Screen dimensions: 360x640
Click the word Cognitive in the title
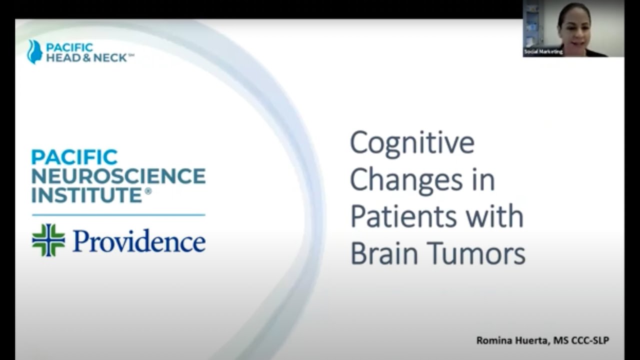[x=412, y=143]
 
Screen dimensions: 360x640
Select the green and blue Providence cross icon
[x=48, y=240]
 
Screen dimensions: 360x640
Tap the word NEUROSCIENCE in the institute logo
[x=118, y=176]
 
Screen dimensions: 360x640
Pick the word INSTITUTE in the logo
[x=87, y=195]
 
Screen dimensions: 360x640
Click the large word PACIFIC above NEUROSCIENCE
[x=74, y=157]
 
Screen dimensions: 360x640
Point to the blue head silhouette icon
[x=34, y=51]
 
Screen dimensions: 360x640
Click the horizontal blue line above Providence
[x=118, y=215]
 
